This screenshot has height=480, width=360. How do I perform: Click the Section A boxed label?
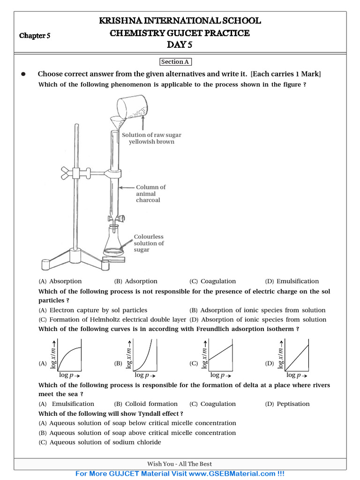point(176,62)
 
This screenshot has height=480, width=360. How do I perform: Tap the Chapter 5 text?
point(35,36)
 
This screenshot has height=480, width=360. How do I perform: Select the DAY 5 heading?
point(180,45)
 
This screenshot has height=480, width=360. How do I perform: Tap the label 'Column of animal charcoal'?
point(150,194)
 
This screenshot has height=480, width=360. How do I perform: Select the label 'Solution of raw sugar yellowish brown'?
point(151,138)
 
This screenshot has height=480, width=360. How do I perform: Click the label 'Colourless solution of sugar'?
point(149,243)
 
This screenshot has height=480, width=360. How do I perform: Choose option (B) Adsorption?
point(136,281)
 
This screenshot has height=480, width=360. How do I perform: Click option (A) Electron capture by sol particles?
point(93,310)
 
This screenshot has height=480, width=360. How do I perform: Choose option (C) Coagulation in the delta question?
point(213,404)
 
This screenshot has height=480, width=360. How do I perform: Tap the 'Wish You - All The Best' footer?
point(180,464)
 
